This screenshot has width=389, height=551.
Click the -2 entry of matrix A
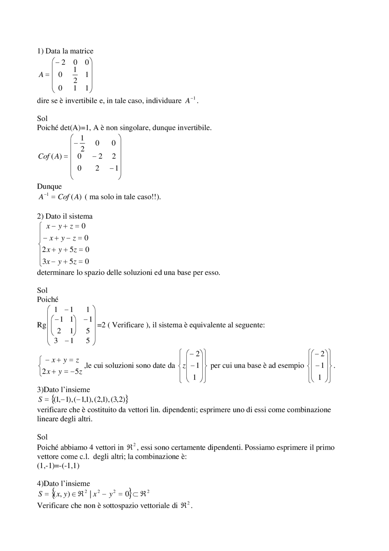pyautogui.click(x=60, y=62)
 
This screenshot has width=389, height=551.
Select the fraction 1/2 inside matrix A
pyautogui.click(x=75, y=75)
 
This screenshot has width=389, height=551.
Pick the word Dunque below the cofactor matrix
pyautogui.click(x=49, y=187)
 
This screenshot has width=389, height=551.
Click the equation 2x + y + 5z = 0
pyautogui.click(x=66, y=250)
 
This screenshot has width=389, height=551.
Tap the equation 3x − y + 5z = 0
pyautogui.click(x=66, y=262)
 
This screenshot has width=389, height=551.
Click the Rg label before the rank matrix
pyautogui.click(x=41, y=325)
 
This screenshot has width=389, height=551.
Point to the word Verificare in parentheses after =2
pyautogui.click(x=128, y=325)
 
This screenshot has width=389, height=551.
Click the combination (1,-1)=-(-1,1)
pyautogui.click(x=58, y=466)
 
